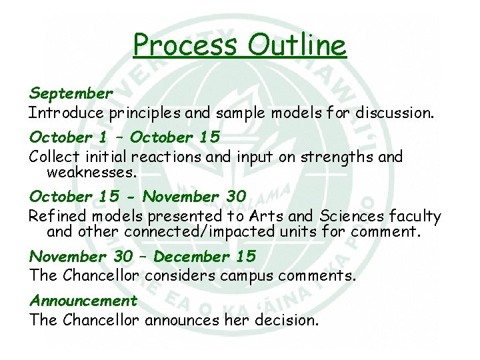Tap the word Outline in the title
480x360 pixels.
click(297, 45)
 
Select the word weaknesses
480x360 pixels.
click(92, 173)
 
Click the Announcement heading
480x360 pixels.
click(83, 301)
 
